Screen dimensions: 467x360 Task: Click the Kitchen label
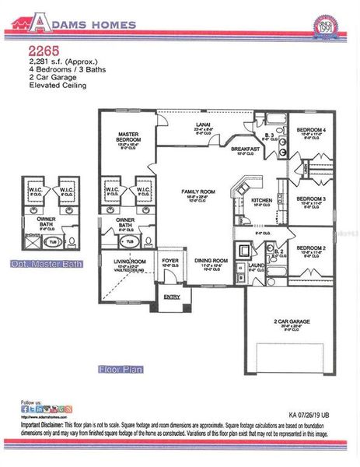[262, 201]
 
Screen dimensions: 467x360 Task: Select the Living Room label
[130, 262]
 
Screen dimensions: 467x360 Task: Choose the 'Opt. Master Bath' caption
[46, 265]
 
